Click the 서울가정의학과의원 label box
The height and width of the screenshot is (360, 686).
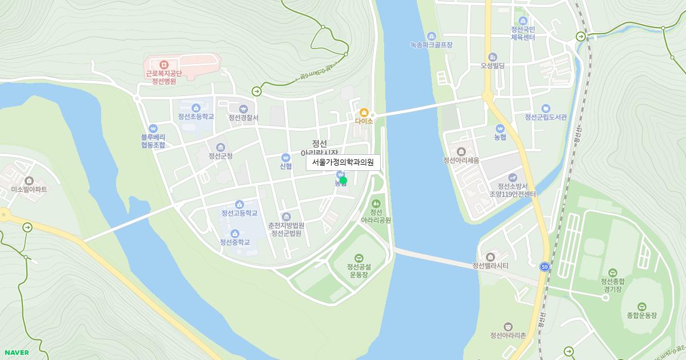(x=343, y=162)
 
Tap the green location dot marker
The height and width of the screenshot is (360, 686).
(x=343, y=181)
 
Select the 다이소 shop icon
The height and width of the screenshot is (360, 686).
(x=364, y=113)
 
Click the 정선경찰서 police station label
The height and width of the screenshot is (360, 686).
(x=244, y=118)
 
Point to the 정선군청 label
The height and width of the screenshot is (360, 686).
(x=221, y=156)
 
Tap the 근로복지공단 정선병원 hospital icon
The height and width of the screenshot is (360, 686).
(x=163, y=65)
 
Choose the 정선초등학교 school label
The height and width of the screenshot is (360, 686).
(x=196, y=117)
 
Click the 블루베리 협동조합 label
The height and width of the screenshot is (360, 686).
(x=153, y=141)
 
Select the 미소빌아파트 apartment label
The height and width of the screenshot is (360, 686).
(x=29, y=189)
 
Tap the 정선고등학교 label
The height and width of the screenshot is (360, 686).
(x=240, y=213)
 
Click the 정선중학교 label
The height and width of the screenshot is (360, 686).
(x=235, y=242)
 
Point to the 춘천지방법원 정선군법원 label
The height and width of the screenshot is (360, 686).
(x=286, y=229)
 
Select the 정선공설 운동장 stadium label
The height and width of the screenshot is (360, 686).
(x=358, y=270)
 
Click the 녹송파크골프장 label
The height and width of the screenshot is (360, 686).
(x=431, y=44)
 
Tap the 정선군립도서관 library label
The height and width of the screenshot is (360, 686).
(x=546, y=117)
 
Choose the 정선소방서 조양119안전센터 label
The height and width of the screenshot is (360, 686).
(x=512, y=190)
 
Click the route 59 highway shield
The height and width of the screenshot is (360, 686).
(x=544, y=267)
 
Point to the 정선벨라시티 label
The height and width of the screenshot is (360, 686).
(x=490, y=266)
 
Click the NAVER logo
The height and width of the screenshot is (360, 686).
(x=17, y=353)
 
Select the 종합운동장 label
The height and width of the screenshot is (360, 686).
(x=641, y=315)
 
